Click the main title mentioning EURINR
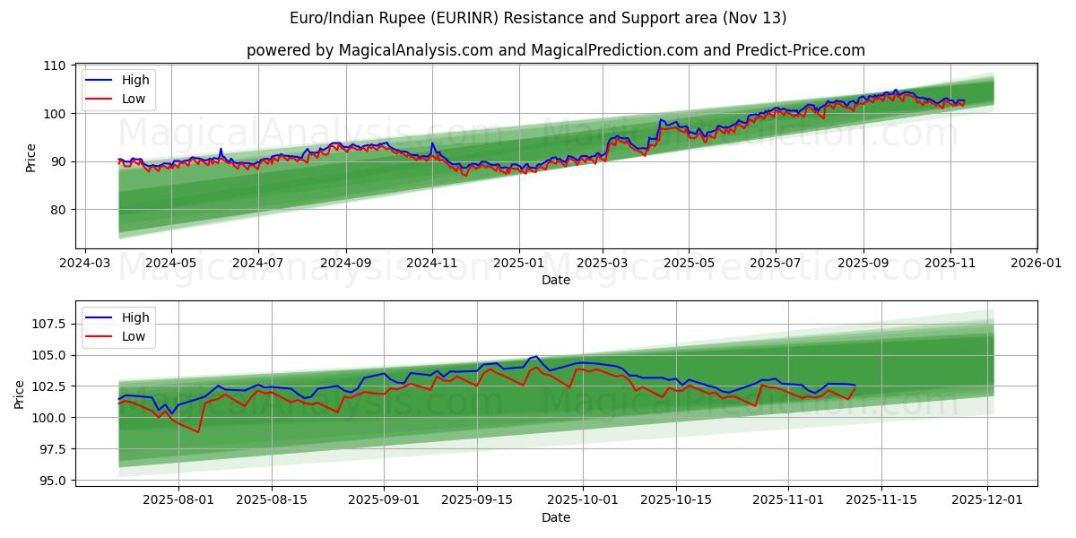[x=538, y=18]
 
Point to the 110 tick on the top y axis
[x=54, y=65]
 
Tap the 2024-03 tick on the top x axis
[x=85, y=265]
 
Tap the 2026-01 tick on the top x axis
[x=1036, y=265]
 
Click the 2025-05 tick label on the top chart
[x=689, y=265]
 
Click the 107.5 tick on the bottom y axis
[x=48, y=324]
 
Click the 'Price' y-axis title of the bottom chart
[x=20, y=394]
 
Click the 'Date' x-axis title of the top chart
[x=556, y=281]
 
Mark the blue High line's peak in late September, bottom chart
[x=535, y=356]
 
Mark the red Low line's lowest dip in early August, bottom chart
[x=198, y=432]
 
